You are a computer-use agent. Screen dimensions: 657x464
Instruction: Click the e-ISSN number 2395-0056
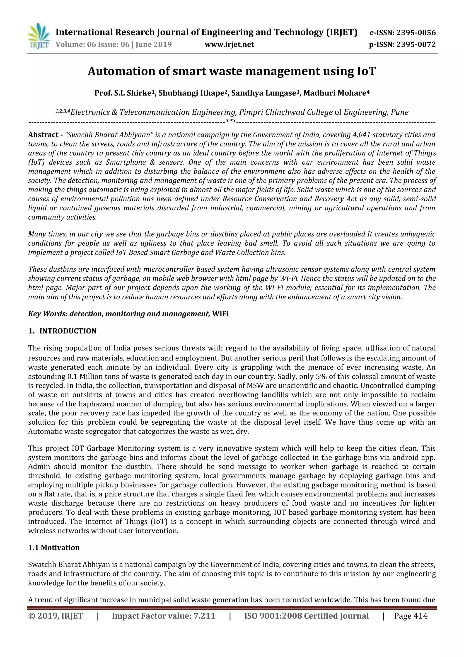(x=416, y=33)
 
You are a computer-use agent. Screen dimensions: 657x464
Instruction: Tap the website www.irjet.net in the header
(x=229, y=44)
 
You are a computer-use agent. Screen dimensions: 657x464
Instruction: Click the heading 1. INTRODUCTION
(x=62, y=331)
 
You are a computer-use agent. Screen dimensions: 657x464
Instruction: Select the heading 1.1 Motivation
(x=54, y=548)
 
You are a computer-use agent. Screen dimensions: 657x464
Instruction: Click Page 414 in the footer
(x=411, y=616)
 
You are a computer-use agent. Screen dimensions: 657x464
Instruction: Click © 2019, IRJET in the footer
(x=56, y=616)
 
